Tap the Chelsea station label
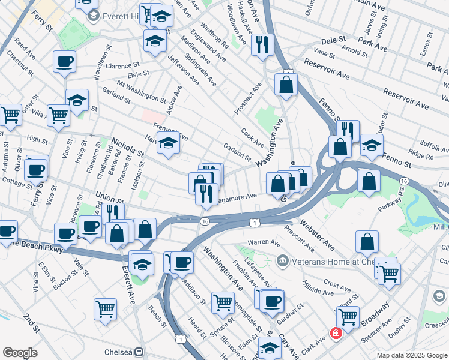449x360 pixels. point(119,351)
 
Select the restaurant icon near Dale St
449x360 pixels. point(262,45)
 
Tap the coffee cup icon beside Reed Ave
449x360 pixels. point(64,61)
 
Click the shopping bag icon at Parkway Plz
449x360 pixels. point(369,181)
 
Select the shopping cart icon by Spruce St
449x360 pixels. point(223,302)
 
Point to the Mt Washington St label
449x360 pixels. point(141,90)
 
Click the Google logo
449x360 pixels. point(20,353)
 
